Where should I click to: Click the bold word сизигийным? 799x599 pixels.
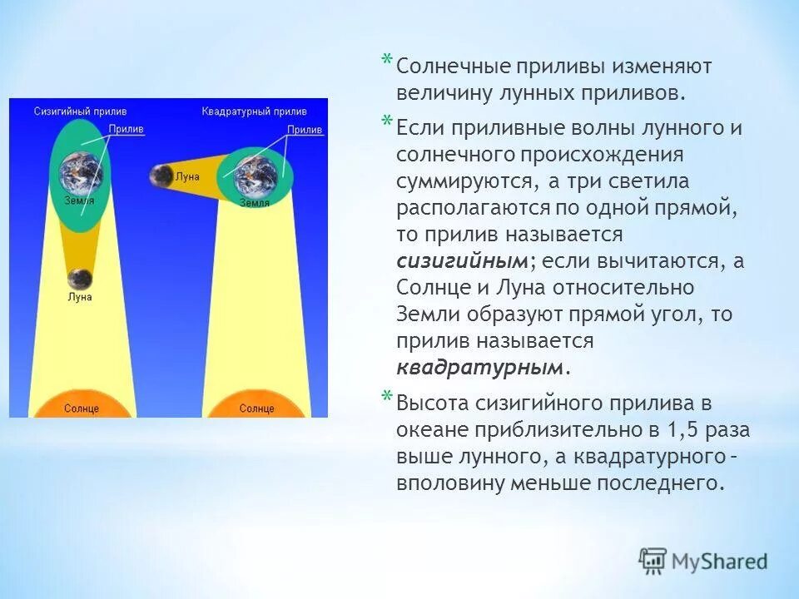[x=462, y=260]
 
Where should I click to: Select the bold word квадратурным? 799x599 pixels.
[x=479, y=367]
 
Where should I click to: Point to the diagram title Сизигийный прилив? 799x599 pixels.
[x=81, y=111]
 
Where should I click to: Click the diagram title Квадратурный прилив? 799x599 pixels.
[x=254, y=111]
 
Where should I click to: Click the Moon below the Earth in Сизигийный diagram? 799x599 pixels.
[x=80, y=279]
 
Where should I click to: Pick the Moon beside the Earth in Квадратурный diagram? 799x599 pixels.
[x=160, y=176]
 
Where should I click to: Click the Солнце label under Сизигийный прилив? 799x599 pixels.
[x=81, y=408]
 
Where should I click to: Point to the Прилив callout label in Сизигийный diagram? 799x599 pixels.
[x=126, y=129]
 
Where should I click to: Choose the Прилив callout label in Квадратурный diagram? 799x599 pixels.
[x=305, y=130]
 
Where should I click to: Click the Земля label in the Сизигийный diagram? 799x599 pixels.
[x=79, y=200]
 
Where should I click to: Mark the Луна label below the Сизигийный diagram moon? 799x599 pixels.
[x=81, y=297]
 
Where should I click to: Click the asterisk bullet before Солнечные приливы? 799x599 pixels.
[x=385, y=60]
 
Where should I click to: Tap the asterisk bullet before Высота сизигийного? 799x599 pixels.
[x=385, y=397]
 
